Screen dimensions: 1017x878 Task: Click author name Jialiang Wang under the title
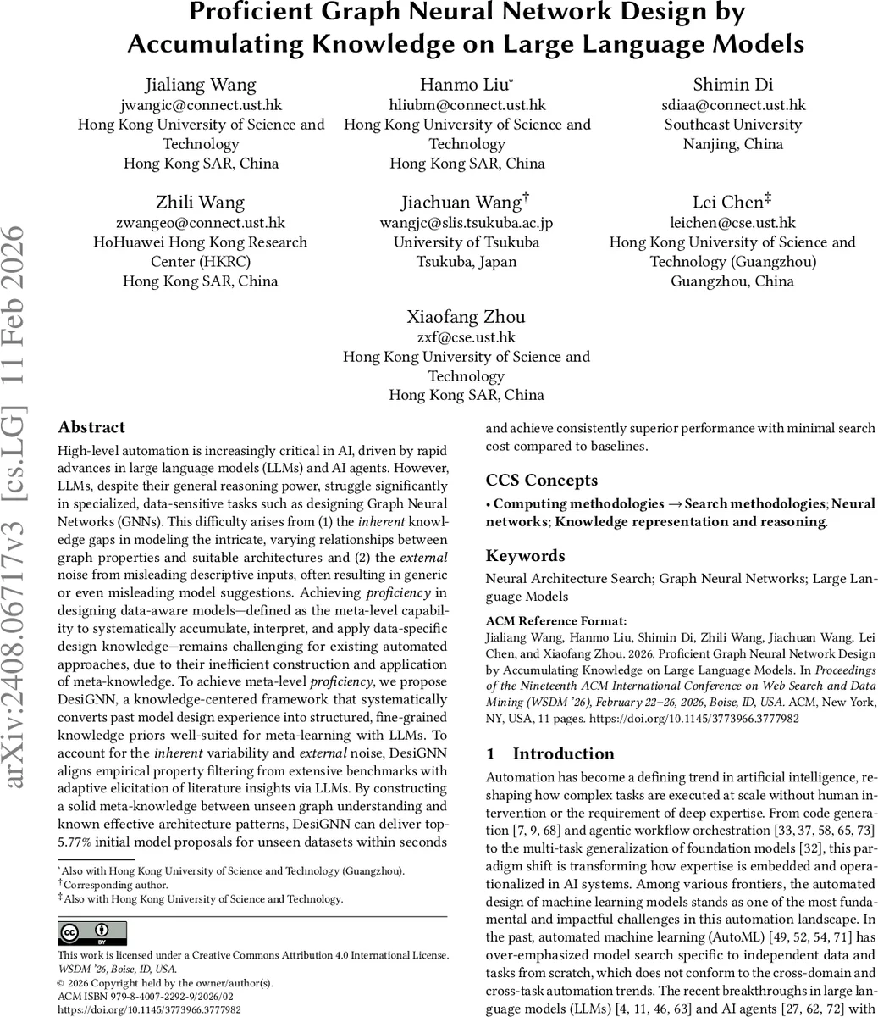pos(201,85)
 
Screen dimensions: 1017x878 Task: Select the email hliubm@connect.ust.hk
pos(467,105)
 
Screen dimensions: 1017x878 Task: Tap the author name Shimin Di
pos(733,85)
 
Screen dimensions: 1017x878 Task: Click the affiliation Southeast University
pos(733,125)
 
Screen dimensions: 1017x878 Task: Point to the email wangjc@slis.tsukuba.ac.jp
pos(467,223)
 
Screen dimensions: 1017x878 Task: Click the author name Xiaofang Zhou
pos(467,317)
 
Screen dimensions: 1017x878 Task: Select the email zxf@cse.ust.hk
pos(467,337)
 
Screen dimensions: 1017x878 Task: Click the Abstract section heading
pos(91,427)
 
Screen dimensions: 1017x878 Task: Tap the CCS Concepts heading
pos(542,480)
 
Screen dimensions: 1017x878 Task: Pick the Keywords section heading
pos(525,556)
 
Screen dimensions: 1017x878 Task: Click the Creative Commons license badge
pos(91,933)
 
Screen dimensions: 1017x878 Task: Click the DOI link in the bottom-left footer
pos(149,1009)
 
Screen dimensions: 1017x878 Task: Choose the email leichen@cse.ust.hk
pos(733,223)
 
